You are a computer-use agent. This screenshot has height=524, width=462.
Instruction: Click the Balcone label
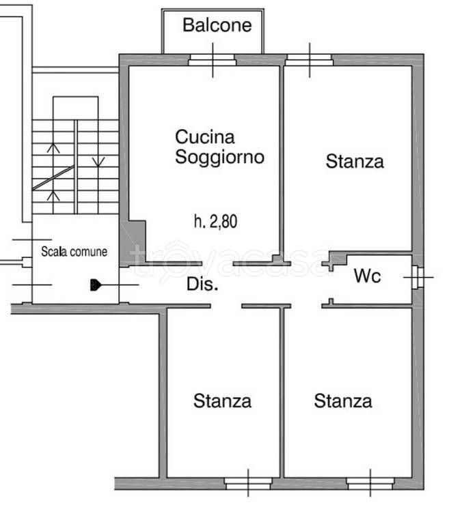click(217, 26)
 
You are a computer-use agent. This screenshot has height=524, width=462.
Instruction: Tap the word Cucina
click(204, 137)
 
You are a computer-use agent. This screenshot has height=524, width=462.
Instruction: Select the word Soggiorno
click(219, 157)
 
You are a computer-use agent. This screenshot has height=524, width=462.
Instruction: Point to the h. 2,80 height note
click(215, 220)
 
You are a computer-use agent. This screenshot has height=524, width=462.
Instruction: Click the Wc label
click(367, 277)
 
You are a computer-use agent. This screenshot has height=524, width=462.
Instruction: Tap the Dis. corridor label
click(202, 286)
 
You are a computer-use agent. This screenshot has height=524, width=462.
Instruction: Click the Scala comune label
click(74, 252)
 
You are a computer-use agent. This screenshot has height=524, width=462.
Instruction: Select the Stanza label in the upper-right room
click(354, 162)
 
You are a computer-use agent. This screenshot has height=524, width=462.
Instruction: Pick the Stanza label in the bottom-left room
click(222, 401)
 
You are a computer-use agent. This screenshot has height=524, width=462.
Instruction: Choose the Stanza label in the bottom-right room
click(343, 401)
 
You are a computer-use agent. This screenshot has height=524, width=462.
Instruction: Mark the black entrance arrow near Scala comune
click(96, 285)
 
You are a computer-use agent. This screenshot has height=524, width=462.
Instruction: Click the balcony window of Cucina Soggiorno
click(213, 60)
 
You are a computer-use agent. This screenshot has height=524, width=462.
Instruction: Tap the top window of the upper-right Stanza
click(310, 60)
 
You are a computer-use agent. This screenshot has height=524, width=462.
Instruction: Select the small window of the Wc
click(417, 277)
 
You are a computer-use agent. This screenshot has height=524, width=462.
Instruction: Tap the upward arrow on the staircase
click(55, 194)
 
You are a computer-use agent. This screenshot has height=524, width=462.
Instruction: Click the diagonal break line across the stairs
click(53, 177)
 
